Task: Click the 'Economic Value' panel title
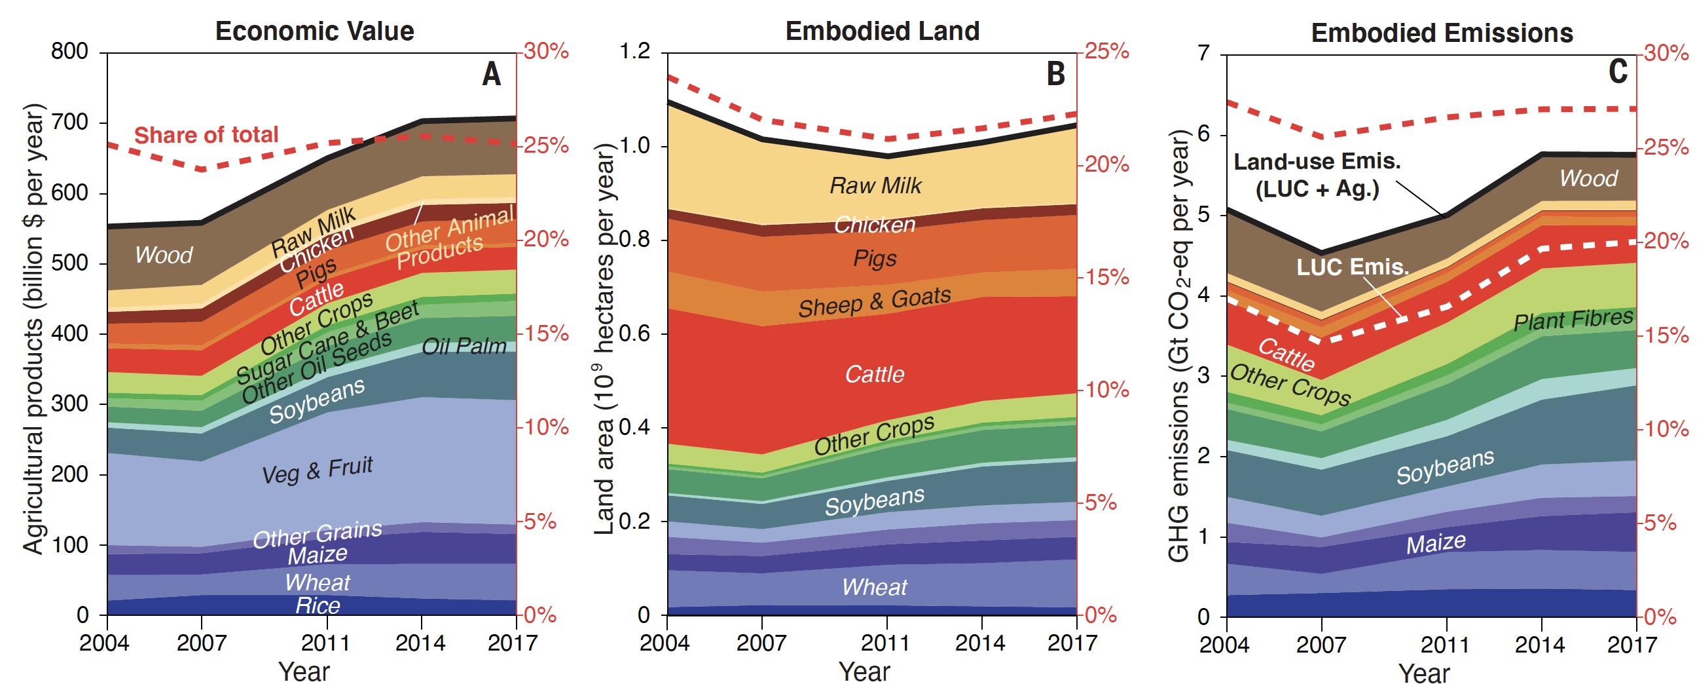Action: (314, 31)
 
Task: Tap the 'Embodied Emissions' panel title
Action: (1442, 33)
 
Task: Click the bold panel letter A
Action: (492, 74)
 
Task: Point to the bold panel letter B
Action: (1056, 74)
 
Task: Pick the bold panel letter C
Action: (1618, 71)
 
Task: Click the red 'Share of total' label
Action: (206, 135)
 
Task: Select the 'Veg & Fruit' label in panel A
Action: (317, 470)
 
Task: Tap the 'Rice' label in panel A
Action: (318, 605)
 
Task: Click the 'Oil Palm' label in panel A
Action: (464, 346)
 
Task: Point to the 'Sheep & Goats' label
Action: (874, 302)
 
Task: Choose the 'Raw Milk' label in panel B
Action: (875, 186)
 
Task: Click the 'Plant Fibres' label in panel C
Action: (1573, 320)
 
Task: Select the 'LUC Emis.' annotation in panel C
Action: (1353, 267)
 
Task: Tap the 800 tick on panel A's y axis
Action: (69, 51)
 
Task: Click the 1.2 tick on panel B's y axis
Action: (634, 51)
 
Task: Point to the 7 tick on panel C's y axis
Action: (1203, 52)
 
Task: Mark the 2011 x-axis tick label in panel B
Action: (886, 643)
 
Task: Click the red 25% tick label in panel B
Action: (1106, 51)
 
